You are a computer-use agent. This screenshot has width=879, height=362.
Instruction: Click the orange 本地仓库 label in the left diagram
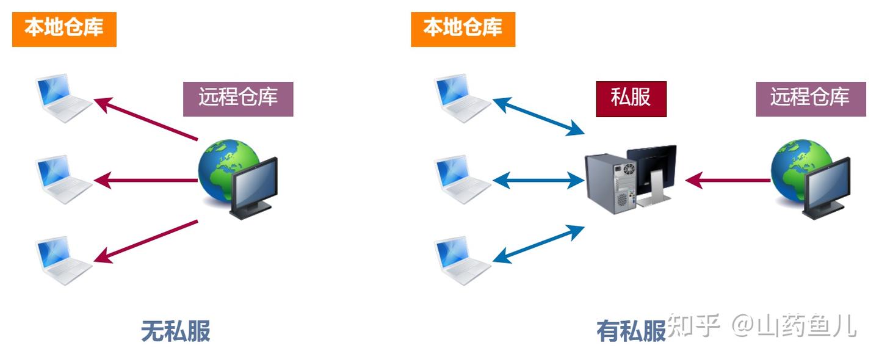pyautogui.click(x=64, y=28)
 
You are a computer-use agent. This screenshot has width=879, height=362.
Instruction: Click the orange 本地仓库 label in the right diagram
pyautogui.click(x=463, y=28)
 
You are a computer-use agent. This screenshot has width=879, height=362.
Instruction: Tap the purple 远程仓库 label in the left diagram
pyautogui.click(x=238, y=98)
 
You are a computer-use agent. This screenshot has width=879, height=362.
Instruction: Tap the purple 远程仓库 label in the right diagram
pyautogui.click(x=810, y=98)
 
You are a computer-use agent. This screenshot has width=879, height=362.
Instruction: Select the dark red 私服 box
pyautogui.click(x=631, y=98)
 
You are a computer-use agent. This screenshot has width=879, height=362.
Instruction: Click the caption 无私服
pyautogui.click(x=176, y=331)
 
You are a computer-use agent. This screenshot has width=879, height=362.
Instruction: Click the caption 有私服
pyautogui.click(x=630, y=331)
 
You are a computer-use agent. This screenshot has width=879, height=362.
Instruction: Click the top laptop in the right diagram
pyautogui.click(x=461, y=98)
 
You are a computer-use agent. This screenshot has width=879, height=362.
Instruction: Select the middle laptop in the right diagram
pyautogui.click(x=461, y=179)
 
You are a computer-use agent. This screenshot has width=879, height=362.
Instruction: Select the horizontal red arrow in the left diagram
pyautogui.click(x=146, y=180)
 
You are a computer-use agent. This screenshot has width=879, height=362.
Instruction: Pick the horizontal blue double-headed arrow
pyautogui.click(x=538, y=180)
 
